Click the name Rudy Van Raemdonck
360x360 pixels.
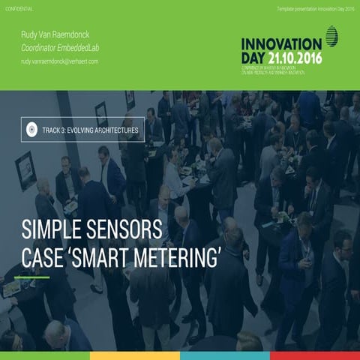[55, 34]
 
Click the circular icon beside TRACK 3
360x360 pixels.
[32, 130]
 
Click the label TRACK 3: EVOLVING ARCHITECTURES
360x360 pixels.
[91, 130]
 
